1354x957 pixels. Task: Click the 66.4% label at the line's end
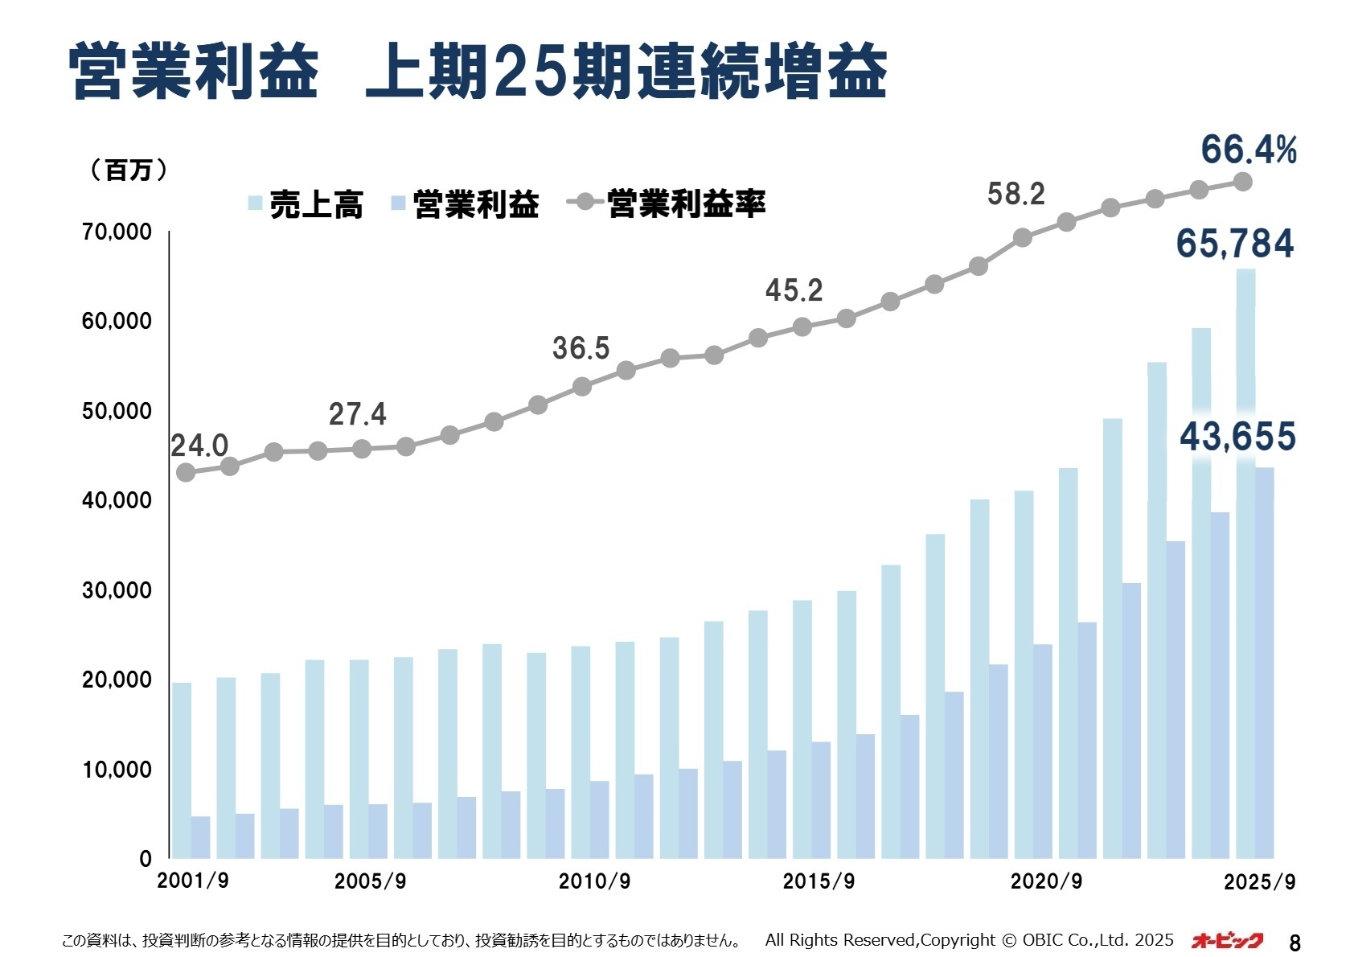click(1248, 150)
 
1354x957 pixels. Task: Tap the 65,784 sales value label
click(1235, 244)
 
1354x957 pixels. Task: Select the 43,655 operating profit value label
click(1237, 437)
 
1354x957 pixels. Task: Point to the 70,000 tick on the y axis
click(117, 232)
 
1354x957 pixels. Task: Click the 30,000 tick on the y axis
click(117, 590)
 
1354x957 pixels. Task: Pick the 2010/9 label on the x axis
click(594, 881)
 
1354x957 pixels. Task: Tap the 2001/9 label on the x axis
click(193, 881)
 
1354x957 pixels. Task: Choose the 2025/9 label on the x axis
click(1259, 882)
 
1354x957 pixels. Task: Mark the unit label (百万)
click(128, 170)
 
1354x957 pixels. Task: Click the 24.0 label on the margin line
click(199, 446)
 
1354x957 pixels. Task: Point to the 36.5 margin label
click(581, 348)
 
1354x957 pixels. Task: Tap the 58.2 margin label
click(1015, 194)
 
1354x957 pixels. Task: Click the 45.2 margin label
click(794, 290)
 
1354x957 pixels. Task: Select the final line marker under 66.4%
click(1242, 183)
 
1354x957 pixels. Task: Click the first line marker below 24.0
click(186, 473)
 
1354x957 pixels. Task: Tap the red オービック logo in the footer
click(1227, 940)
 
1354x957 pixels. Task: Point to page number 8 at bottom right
click(1295, 942)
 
